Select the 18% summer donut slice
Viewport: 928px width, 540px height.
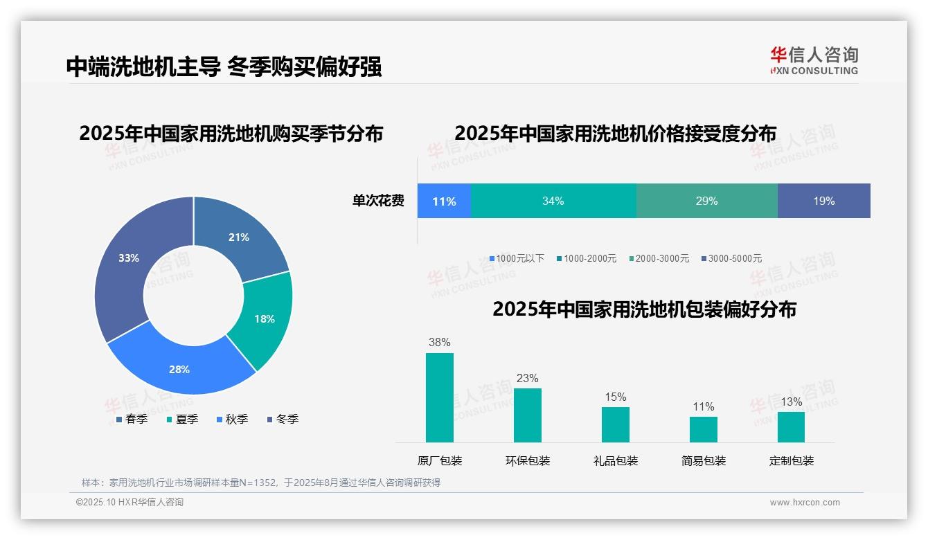(x=265, y=318)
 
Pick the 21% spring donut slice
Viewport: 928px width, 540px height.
(x=239, y=237)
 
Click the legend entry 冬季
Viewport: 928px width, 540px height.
(x=282, y=419)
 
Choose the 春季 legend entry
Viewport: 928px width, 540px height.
(x=131, y=419)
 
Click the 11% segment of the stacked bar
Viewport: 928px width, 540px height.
(x=444, y=201)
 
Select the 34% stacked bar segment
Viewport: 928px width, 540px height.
(x=553, y=201)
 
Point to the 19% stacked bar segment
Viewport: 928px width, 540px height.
(x=823, y=201)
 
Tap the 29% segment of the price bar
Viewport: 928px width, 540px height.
(x=706, y=201)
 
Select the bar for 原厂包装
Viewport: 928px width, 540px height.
(x=439, y=397)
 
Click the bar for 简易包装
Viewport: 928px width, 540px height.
(x=703, y=429)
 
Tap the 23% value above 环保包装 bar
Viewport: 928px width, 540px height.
(x=527, y=379)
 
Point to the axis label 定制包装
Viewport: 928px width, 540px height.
(x=791, y=460)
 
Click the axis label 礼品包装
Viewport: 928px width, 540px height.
(x=615, y=460)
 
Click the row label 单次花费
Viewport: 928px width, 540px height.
(x=378, y=201)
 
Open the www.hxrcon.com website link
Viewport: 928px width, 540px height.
(x=805, y=503)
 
